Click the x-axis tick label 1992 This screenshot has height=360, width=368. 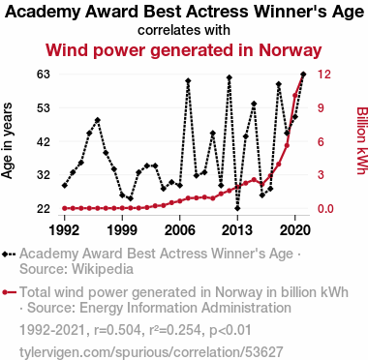pos(65,230)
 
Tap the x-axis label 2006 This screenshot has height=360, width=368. pos(180,230)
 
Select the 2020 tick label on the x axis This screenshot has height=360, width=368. pos(295,230)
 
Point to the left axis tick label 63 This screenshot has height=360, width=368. pos(44,75)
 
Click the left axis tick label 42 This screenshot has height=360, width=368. pos(44,141)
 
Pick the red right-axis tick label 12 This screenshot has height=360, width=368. pos(324,75)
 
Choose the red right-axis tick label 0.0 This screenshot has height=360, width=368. pos(325,209)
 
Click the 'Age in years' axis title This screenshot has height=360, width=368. pos(7,140)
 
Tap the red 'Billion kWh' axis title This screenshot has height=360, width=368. pos(362,140)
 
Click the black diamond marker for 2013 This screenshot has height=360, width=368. pos(237,208)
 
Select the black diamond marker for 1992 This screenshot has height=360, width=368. pos(65,186)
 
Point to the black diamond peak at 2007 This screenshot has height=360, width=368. pos(188,80)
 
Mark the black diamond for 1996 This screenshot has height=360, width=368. pos(98,120)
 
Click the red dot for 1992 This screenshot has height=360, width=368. pos(65,208)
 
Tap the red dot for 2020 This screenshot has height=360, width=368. pos(295,96)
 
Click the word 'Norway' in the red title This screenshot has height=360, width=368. pos(290,50)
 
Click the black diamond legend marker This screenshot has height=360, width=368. pos(5,255)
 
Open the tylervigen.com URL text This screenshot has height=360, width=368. pos(151,351)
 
